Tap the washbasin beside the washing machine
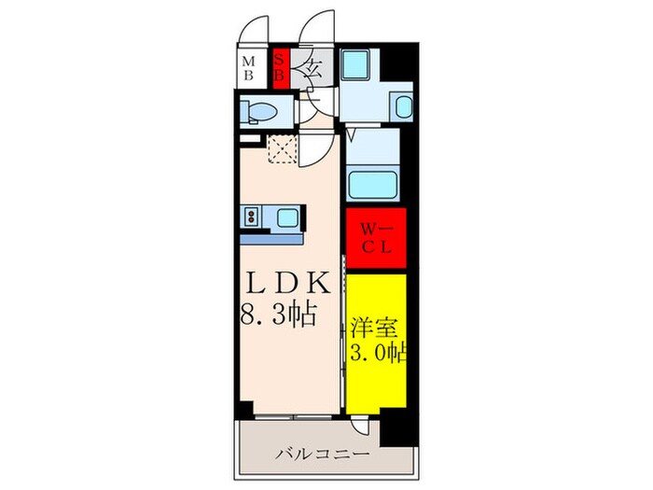402,106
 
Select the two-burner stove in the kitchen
253,218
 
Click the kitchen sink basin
285,219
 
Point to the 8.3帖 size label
277,313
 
